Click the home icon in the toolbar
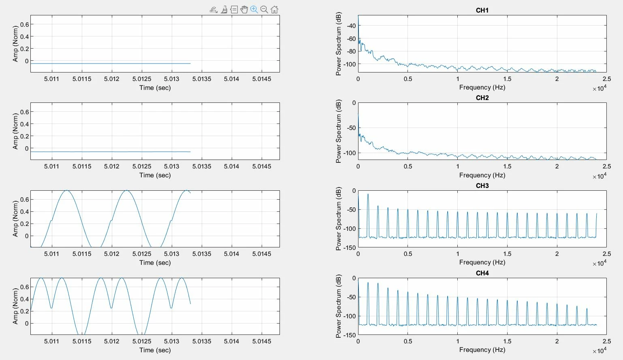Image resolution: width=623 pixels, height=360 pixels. [x=274, y=9]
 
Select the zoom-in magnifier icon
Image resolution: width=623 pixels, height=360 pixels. [x=254, y=9]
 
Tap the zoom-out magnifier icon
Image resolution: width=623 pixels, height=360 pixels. [x=264, y=9]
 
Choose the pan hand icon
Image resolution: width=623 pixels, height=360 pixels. [x=244, y=9]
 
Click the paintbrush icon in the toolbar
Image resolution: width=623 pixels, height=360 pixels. [x=224, y=10]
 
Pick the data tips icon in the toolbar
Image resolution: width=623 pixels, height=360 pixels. [x=234, y=10]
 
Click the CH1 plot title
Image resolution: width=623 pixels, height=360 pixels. [x=482, y=10]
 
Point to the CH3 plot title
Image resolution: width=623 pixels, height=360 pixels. [x=482, y=186]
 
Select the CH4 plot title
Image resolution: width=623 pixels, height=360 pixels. [x=482, y=273]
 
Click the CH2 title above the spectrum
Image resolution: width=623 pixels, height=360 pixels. [x=482, y=98]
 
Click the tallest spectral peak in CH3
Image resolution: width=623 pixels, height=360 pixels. [x=368, y=194]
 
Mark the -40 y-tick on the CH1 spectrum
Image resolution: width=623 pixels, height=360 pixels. [x=351, y=26]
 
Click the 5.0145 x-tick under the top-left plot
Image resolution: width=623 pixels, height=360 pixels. [x=261, y=79]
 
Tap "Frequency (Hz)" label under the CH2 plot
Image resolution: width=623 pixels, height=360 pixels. [x=482, y=175]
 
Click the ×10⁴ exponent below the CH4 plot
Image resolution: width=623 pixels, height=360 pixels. [x=600, y=351]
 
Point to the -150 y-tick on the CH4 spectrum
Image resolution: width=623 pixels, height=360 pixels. [x=350, y=335]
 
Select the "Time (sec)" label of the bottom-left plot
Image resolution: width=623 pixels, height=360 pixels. [x=155, y=350]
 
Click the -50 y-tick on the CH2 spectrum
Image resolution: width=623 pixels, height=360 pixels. [x=351, y=128]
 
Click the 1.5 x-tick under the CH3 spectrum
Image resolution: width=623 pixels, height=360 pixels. [x=507, y=254]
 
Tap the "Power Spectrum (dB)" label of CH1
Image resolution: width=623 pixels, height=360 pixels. [x=339, y=44]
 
